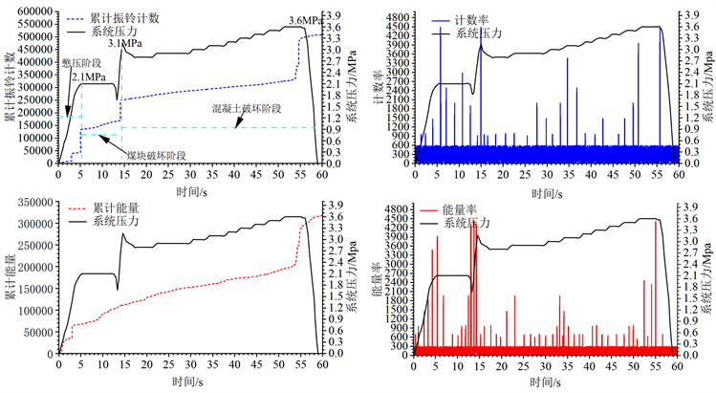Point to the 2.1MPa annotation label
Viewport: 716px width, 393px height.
tap(87, 76)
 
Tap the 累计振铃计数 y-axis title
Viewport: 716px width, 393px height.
tap(9, 86)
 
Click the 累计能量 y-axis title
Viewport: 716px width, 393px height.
tap(9, 278)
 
